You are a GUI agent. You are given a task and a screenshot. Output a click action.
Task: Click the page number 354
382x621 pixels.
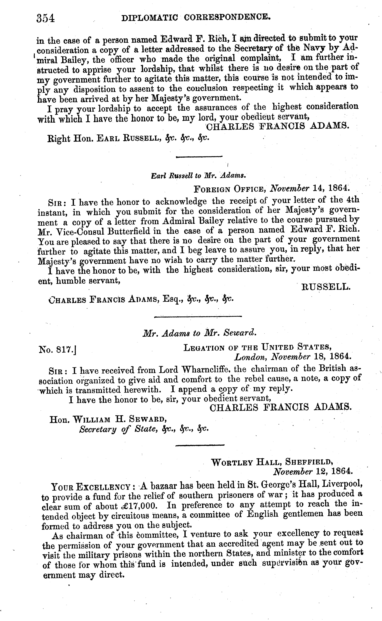point(46,18)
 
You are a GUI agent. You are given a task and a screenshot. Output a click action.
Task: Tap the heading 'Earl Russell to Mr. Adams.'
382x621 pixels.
point(198,175)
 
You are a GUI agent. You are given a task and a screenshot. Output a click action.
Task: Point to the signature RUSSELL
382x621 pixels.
point(326,287)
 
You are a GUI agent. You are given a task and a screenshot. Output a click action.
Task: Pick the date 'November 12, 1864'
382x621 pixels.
point(313,471)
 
